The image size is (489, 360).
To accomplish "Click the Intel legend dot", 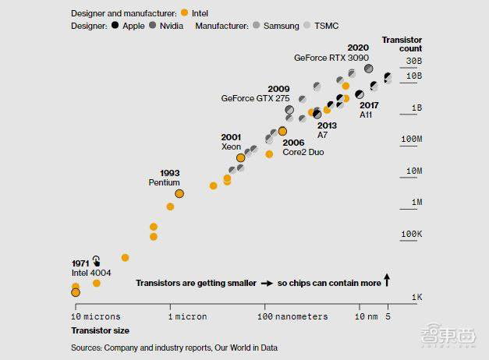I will point(183,13).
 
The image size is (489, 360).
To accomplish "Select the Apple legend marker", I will point(115,26).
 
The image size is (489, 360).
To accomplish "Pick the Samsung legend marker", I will point(256,26).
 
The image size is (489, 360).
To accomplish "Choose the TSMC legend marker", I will point(309,26).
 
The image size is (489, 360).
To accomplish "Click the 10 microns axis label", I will point(97,316).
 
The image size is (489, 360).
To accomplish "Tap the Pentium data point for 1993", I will point(179,192).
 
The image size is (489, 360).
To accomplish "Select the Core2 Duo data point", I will point(282,131).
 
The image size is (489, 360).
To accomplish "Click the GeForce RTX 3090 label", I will point(331,57).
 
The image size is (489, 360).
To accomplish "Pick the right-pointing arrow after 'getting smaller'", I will point(267,283).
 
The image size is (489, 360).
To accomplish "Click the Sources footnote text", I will point(173,348).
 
